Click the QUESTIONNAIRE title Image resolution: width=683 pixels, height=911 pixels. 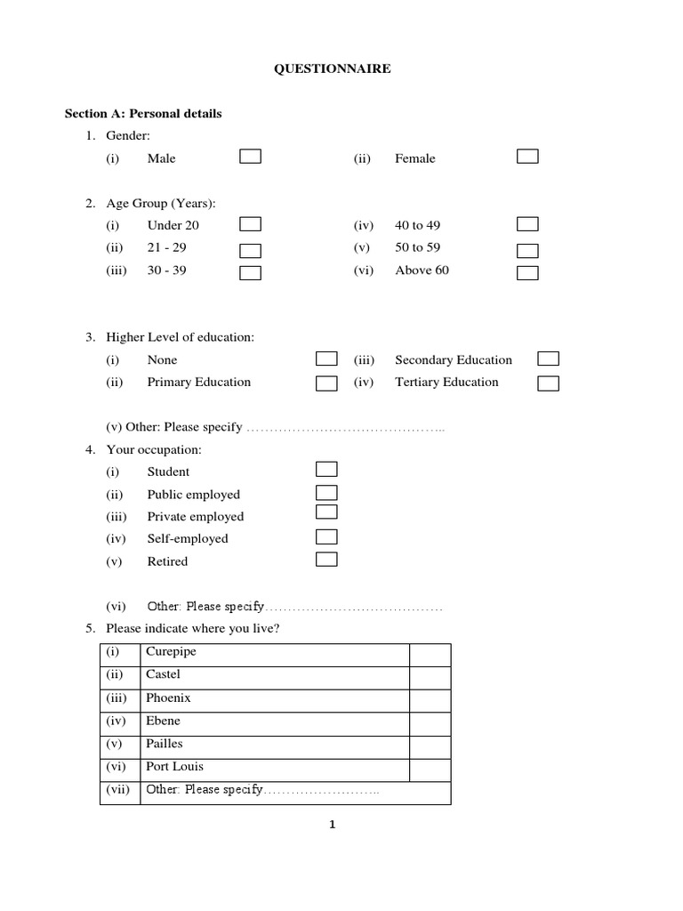[331, 69]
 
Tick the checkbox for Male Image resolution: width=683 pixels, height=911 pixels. [250, 157]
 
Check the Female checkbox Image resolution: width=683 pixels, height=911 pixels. [528, 157]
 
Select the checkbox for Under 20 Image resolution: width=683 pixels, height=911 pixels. [250, 224]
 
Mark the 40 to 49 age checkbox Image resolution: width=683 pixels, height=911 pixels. [528, 224]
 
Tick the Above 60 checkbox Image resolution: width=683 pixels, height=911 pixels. [528, 272]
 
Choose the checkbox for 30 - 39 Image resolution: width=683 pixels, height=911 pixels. [250, 272]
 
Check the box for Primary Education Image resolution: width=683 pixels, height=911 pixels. [326, 383]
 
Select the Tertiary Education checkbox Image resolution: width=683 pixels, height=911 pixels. [548, 383]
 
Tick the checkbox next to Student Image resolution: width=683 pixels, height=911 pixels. [326, 469]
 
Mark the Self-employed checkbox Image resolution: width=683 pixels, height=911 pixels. [326, 536]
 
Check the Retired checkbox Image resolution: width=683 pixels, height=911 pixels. [326, 560]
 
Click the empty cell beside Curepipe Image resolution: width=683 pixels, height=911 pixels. [430, 655]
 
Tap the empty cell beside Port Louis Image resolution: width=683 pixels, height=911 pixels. [430, 770]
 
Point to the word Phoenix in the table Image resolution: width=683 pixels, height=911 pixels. [168, 698]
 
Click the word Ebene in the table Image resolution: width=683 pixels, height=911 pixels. [163, 722]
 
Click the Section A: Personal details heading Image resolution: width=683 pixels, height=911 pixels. [143, 114]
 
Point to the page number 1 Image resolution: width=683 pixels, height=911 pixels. [332, 825]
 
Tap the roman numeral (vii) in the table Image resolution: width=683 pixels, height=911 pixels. [118, 790]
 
